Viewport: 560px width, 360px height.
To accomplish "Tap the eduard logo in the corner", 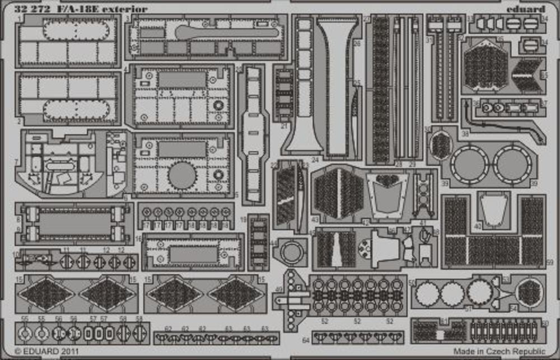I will [526, 9].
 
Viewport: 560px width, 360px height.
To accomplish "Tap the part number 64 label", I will [305, 340].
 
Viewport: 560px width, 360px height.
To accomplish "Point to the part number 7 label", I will [17, 161].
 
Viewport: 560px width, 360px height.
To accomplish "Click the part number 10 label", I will [17, 255].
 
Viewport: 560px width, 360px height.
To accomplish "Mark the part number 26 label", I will [357, 42].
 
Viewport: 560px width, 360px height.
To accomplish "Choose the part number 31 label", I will [429, 40].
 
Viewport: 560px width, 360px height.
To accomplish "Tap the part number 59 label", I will [549, 262].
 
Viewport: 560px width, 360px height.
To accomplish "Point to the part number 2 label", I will [18, 121].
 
